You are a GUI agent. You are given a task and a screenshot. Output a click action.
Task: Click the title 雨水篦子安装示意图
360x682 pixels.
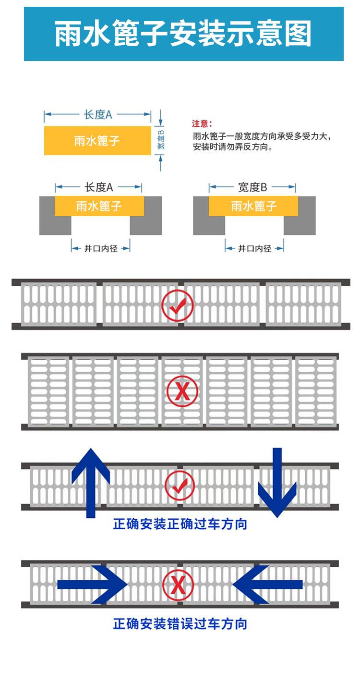(183, 34)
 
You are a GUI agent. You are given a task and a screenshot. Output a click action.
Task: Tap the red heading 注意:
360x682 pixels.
(202, 123)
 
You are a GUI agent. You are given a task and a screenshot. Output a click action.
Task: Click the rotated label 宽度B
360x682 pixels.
(161, 140)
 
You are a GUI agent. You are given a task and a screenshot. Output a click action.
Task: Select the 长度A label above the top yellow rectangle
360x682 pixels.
(98, 115)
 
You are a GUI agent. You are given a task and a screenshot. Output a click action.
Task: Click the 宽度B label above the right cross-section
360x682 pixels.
(252, 187)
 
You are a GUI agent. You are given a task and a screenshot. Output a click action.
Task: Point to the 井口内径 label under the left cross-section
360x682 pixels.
(101, 249)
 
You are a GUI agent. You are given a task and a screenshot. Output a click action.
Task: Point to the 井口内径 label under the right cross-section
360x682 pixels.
(255, 249)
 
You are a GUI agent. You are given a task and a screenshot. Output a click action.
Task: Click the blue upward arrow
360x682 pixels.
(91, 483)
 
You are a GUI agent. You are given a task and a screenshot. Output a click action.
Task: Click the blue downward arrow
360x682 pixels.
(277, 483)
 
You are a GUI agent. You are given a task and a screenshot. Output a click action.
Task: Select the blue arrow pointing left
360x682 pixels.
(267, 585)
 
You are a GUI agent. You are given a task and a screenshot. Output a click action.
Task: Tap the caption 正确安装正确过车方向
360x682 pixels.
(180, 524)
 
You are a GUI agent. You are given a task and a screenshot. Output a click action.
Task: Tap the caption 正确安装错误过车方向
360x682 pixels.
(180, 624)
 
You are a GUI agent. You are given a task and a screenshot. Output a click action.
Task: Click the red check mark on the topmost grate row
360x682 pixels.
(178, 305)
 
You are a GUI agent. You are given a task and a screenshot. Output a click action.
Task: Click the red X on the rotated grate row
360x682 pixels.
(182, 391)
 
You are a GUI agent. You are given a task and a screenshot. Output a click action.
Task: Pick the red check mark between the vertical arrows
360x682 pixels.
(180, 486)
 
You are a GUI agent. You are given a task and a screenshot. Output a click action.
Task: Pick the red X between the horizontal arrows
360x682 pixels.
(178, 585)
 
